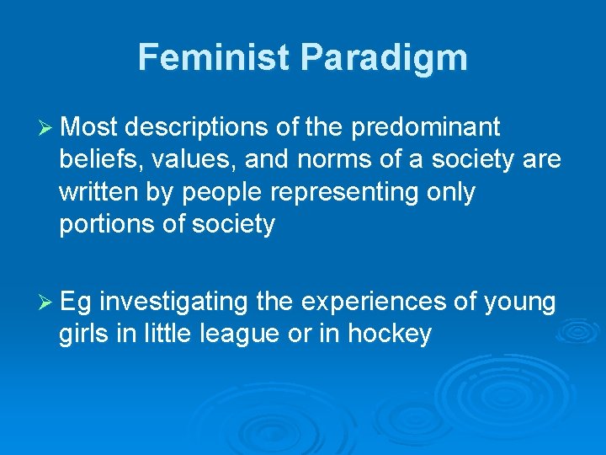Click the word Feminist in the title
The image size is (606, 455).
[x=215, y=57]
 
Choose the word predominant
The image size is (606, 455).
[x=425, y=128]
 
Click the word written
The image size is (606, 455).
[x=95, y=192]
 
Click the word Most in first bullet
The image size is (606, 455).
[x=90, y=128]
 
